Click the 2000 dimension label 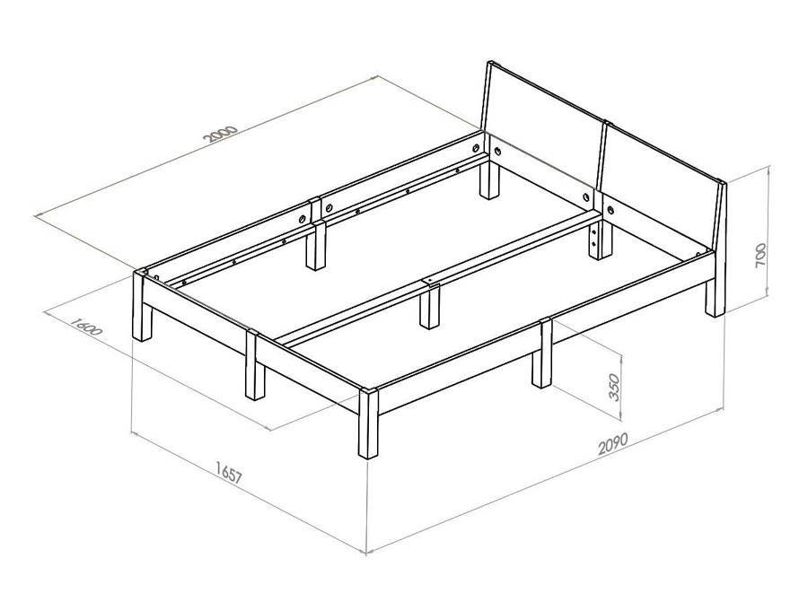[221, 134]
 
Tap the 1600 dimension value [85, 327]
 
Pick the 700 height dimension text [760, 255]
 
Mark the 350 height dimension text [614, 386]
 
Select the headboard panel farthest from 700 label [541, 127]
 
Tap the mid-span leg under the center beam [430, 307]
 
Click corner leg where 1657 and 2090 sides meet [368, 423]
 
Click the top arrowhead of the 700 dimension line [768, 169]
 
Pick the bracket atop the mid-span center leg [430, 283]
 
